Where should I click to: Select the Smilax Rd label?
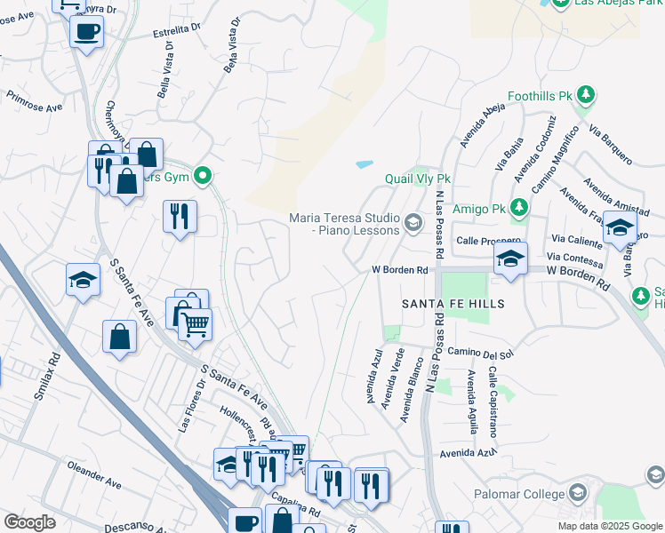pos(48,378)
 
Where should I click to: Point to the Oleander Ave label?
pos(93,474)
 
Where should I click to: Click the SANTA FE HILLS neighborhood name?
pos(453,304)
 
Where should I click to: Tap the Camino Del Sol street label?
pos(482,354)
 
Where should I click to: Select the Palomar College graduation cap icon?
pos(578,493)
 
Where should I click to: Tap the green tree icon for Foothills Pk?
pos(586,94)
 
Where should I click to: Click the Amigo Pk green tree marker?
pos(519,209)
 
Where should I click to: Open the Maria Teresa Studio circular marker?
pos(413,223)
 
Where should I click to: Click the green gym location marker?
pos(204,175)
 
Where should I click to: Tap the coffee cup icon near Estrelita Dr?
pos(86,33)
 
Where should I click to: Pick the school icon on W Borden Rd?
pos(510,259)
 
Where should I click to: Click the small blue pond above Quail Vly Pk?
pos(364,164)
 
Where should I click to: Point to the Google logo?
pos(29,522)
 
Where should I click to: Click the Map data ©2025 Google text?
pos(609,526)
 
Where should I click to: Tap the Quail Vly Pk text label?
pos(418,179)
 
